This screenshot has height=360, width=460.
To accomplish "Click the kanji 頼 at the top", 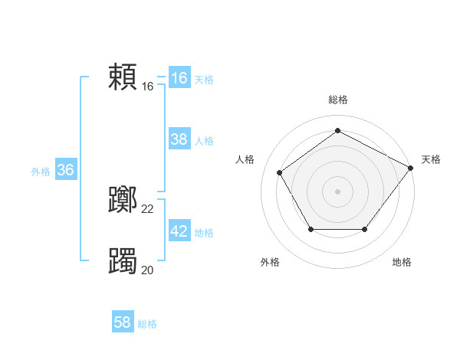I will pyautogui.click(x=123, y=77).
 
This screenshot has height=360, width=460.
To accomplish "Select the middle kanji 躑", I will pyautogui.click(x=123, y=201).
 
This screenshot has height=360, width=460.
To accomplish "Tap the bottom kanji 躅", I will pyautogui.click(x=123, y=261).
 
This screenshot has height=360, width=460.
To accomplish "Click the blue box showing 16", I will pyautogui.click(x=179, y=78).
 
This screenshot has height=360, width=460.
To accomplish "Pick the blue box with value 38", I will pyautogui.click(x=179, y=139).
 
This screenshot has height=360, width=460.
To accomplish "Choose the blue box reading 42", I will pyautogui.click(x=179, y=231).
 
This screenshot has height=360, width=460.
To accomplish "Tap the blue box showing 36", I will pyautogui.click(x=65, y=170).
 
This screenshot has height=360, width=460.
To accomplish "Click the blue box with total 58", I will pyautogui.click(x=123, y=322).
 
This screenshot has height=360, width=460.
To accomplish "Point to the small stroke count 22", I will pyautogui.click(x=148, y=209).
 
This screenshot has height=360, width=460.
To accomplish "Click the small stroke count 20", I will pyautogui.click(x=148, y=270).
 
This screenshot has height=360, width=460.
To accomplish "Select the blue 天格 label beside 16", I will pyautogui.click(x=204, y=80).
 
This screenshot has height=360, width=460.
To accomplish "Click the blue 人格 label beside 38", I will pyautogui.click(x=204, y=141).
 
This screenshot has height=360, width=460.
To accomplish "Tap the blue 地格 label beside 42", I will pyautogui.click(x=204, y=233).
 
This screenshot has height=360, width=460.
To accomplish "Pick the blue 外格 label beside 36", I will pyautogui.click(x=41, y=172).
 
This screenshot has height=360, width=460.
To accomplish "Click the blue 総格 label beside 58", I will pyautogui.click(x=147, y=324).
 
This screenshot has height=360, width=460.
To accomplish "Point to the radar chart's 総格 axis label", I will pyautogui.click(x=337, y=100).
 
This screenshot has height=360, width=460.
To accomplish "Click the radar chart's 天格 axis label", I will pyautogui.click(x=431, y=159).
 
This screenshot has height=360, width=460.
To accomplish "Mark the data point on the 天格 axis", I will pyautogui.click(x=410, y=168).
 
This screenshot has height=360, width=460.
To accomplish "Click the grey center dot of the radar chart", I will pyautogui.click(x=337, y=191).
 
